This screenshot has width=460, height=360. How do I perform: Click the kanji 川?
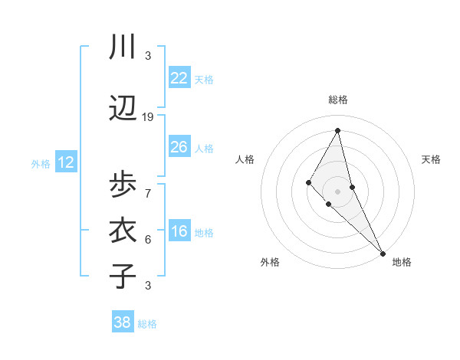[x=123, y=47]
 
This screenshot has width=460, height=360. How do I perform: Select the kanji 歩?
[x=123, y=185]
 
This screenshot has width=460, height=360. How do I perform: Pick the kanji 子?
[x=123, y=276]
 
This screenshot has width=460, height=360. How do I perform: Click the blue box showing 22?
[x=179, y=78]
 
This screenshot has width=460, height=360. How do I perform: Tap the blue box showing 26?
[x=179, y=147]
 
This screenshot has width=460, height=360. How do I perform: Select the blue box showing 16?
[x=179, y=231]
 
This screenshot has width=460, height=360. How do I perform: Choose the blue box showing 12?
[x=65, y=162]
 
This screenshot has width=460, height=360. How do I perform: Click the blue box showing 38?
[x=122, y=323]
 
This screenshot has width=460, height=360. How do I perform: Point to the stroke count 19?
[x=148, y=116]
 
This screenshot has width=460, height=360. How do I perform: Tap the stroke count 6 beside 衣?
[x=148, y=239]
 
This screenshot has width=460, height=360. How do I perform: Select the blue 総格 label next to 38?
[x=147, y=324]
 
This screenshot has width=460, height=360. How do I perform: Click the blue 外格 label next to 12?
[x=41, y=163]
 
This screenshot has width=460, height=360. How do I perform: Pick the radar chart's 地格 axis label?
[x=402, y=262]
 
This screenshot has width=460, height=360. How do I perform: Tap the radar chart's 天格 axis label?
[x=431, y=159]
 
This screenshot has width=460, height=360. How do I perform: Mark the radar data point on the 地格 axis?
[x=382, y=252]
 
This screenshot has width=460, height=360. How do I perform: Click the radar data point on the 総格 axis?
[x=337, y=129]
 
